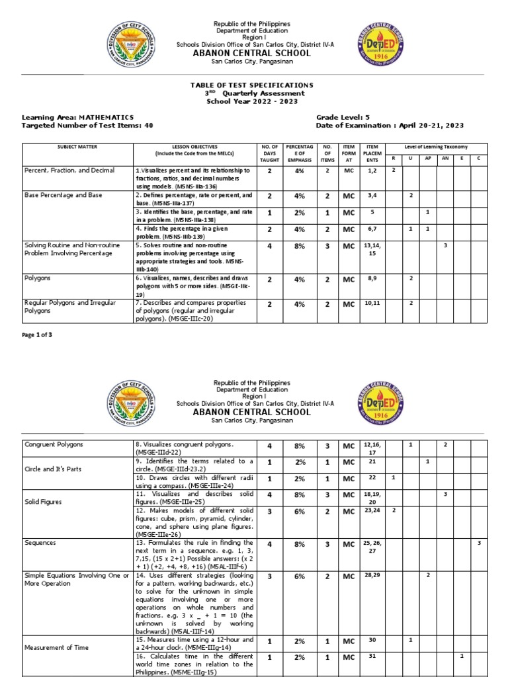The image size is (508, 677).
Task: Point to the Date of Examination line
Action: click(390, 125)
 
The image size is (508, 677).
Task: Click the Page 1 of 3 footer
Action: click(37, 335)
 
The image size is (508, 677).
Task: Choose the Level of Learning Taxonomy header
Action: click(436, 146)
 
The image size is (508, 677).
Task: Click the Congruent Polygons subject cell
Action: click(54, 444)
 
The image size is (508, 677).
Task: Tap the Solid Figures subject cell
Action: click(46, 495)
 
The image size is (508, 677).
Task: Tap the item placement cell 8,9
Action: click(372, 280)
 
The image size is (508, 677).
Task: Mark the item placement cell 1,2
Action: click(372, 171)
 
